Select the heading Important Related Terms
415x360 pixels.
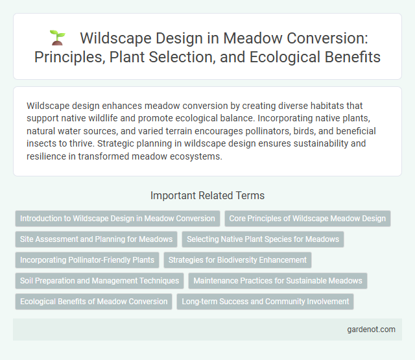click(x=207, y=195)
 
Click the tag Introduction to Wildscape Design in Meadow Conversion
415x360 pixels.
click(x=117, y=219)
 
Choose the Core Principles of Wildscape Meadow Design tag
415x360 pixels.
click(x=307, y=219)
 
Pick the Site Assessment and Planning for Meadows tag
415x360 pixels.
click(x=96, y=239)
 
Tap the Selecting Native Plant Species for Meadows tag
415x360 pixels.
click(x=263, y=239)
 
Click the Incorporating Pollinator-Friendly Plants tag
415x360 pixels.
click(x=87, y=260)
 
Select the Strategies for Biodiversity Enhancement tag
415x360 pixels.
click(x=237, y=260)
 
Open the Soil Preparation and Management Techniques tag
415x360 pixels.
click(x=99, y=281)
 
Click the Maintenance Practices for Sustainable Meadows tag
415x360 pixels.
click(x=278, y=281)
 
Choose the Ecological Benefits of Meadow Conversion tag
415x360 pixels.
click(x=93, y=302)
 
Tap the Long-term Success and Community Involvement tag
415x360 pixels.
click(x=265, y=302)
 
